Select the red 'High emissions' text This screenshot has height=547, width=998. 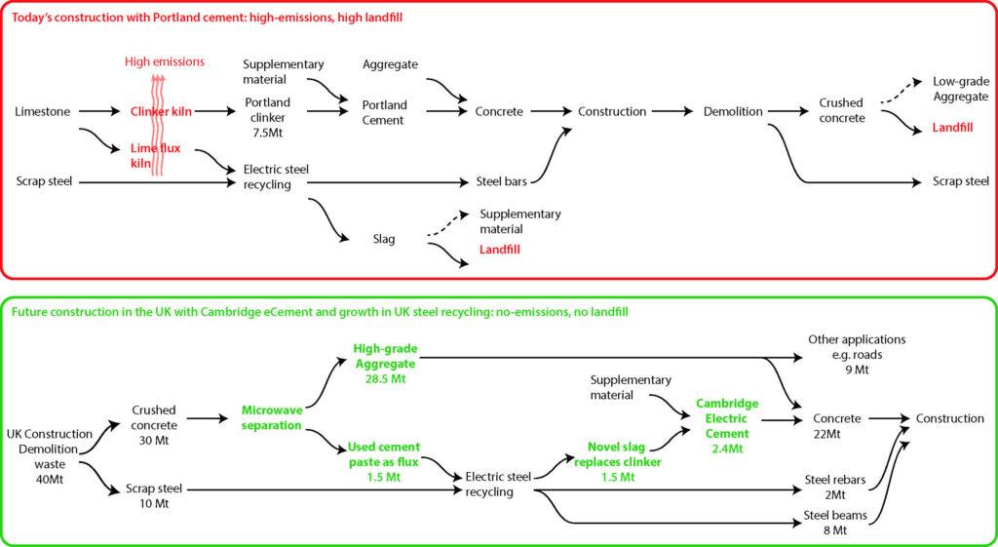[164, 62]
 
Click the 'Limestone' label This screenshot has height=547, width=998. [43, 112]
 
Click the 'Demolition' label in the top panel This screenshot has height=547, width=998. [733, 112]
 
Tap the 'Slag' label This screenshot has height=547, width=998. [384, 239]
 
